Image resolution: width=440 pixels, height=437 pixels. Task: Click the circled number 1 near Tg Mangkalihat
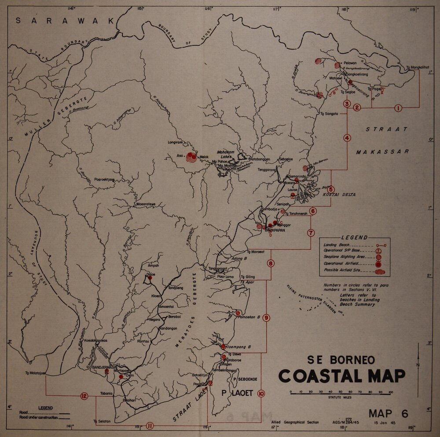click(398, 108)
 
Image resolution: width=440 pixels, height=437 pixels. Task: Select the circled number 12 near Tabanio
click(84, 396)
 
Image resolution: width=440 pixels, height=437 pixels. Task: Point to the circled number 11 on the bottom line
click(150, 426)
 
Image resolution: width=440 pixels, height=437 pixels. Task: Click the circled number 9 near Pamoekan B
click(266, 318)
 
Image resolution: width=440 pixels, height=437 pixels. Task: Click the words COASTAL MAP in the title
click(341, 376)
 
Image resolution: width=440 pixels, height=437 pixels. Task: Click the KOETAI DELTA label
click(339, 195)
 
